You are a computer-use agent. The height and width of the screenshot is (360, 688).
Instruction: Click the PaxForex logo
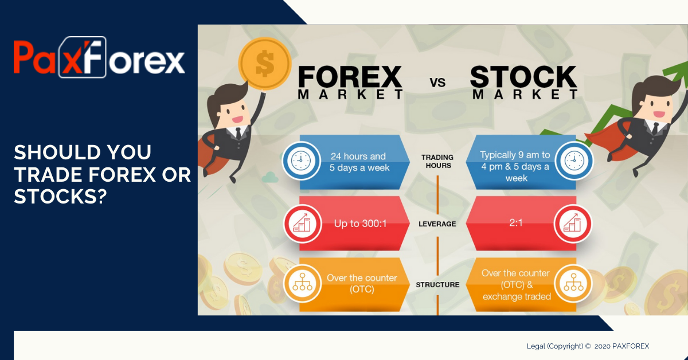coord(99,57)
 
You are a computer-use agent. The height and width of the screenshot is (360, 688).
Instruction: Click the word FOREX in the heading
coord(350,78)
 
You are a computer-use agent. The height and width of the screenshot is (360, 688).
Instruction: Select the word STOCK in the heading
coord(523,78)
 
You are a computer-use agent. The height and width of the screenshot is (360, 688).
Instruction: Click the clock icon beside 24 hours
coord(301,161)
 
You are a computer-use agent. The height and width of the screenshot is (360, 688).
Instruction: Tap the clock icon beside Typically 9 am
coord(573,161)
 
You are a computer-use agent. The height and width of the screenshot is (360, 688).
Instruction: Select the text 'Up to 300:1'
coord(360,224)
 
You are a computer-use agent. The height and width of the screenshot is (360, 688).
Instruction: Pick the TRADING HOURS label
coord(437,162)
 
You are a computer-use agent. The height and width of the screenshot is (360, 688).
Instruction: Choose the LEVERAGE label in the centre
coord(437,224)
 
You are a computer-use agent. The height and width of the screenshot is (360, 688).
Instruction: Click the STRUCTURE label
coord(437,284)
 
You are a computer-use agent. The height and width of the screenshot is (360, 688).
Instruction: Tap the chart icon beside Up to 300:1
coord(301,224)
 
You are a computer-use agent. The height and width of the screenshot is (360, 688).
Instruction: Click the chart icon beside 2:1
coord(573,224)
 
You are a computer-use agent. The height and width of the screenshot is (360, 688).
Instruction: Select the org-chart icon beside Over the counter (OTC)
coord(301,284)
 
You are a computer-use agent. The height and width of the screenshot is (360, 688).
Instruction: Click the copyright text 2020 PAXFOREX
coord(588,346)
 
